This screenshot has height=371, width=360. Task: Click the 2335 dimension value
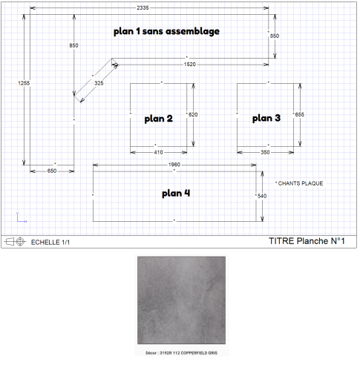[143, 7]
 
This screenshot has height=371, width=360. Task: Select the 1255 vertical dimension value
[24, 83]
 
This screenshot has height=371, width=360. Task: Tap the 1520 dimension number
[190, 65]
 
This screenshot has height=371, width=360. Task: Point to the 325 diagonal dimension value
[99, 83]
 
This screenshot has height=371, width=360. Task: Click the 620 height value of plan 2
[193, 114]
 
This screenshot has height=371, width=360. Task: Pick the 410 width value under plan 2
[158, 152]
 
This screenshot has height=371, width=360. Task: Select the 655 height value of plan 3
[299, 114]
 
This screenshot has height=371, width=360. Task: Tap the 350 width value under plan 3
[265, 152]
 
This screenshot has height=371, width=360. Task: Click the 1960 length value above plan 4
[174, 165]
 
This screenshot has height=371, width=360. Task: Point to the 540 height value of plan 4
[262, 196]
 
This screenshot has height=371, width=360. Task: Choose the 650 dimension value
[52, 171]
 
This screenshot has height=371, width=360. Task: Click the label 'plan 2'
[159, 119]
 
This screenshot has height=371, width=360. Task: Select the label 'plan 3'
[266, 118]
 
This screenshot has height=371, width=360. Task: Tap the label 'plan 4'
[176, 193]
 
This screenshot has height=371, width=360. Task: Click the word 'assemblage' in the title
[192, 31]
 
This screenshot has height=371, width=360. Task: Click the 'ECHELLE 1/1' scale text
[50, 243]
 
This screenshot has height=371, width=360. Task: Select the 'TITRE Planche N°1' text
[307, 241]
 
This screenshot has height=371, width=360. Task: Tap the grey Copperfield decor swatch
[181, 300]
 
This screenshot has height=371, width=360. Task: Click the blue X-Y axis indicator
[22, 217]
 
